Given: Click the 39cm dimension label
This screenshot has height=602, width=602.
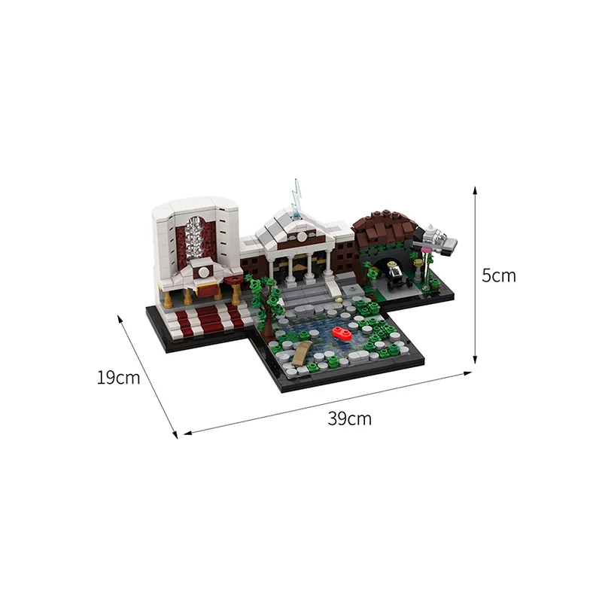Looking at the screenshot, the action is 349,418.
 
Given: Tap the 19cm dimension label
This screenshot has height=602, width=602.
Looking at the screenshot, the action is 118,378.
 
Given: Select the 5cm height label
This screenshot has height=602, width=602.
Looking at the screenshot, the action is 499,275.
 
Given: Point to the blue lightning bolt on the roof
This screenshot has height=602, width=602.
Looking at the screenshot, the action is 296,198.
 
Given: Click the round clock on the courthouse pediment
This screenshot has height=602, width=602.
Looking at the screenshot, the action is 302,236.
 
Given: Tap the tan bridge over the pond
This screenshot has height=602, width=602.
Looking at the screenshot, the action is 302,352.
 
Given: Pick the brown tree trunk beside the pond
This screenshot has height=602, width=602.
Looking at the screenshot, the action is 267,307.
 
